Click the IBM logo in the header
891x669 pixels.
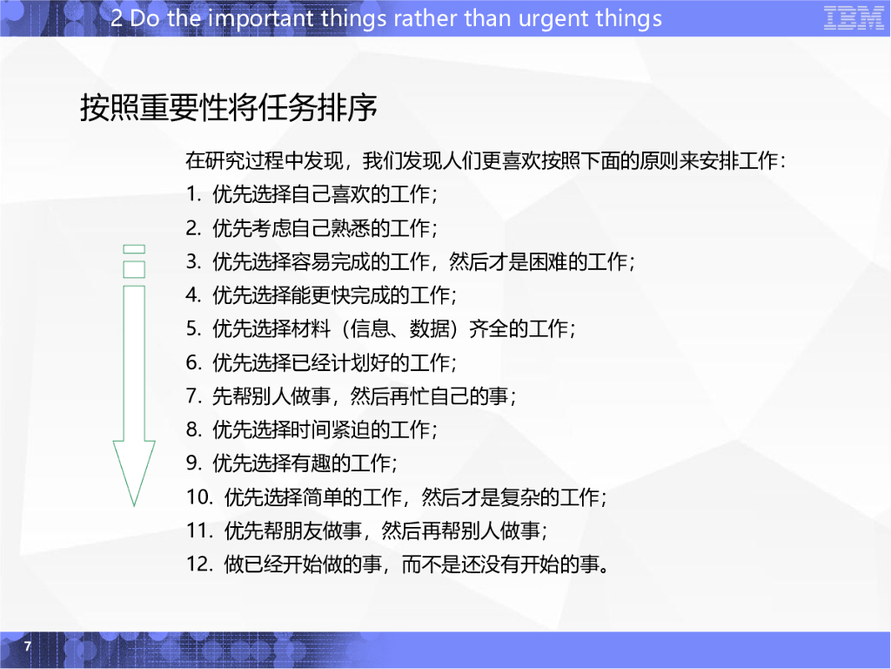[x=854, y=18]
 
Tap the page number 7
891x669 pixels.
[x=27, y=646]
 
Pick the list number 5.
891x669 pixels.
[x=192, y=328]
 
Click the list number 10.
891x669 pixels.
[x=198, y=497]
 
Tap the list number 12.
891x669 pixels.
[x=198, y=564]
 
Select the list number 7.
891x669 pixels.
[x=192, y=396]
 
